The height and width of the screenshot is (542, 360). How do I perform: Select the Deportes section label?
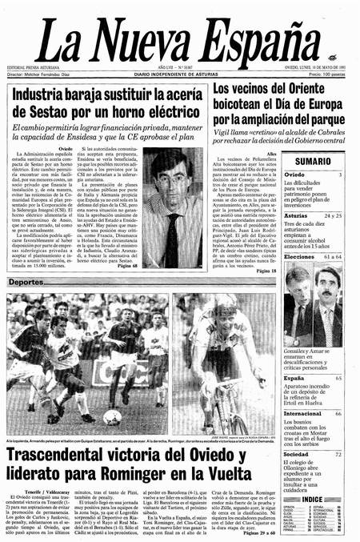26,305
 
